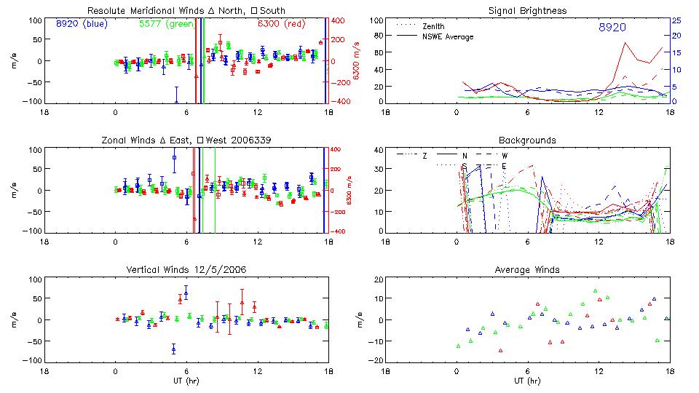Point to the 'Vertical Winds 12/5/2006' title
pyautogui.click(x=186, y=270)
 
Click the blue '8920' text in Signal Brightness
pyautogui.click(x=612, y=28)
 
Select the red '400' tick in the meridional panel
pyautogui.click(x=340, y=20)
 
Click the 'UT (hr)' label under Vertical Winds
pyautogui.click(x=186, y=381)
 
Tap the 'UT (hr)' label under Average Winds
pyautogui.click(x=526, y=381)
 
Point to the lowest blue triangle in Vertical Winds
pyautogui.click(x=173, y=349)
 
